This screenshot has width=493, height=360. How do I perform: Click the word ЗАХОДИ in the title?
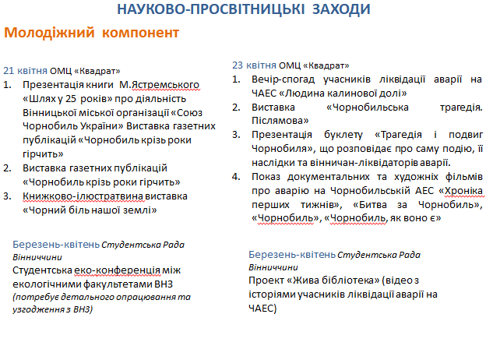(x=341, y=9)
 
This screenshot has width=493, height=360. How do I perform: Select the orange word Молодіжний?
(x=49, y=33)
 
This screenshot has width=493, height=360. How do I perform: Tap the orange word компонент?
(x=140, y=33)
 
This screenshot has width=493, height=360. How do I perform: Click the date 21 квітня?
(x=25, y=70)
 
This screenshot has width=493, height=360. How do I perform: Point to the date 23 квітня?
(x=254, y=65)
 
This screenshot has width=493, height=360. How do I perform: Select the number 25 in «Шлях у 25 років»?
(x=71, y=99)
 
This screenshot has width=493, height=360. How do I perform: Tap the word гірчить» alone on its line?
(x=43, y=154)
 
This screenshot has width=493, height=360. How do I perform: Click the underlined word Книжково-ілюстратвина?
(x=83, y=196)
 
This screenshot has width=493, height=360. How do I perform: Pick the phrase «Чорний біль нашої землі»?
(x=90, y=210)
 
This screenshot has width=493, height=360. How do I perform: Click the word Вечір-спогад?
(x=283, y=79)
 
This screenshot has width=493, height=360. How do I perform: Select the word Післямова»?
(x=280, y=121)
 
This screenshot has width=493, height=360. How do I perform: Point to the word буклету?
(x=343, y=135)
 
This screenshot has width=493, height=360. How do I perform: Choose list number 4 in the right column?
(x=236, y=177)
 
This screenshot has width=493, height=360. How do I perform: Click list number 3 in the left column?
(x=7, y=196)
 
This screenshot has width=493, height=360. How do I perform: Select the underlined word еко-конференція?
(x=117, y=270)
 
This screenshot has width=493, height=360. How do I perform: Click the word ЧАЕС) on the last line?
(x=262, y=309)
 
